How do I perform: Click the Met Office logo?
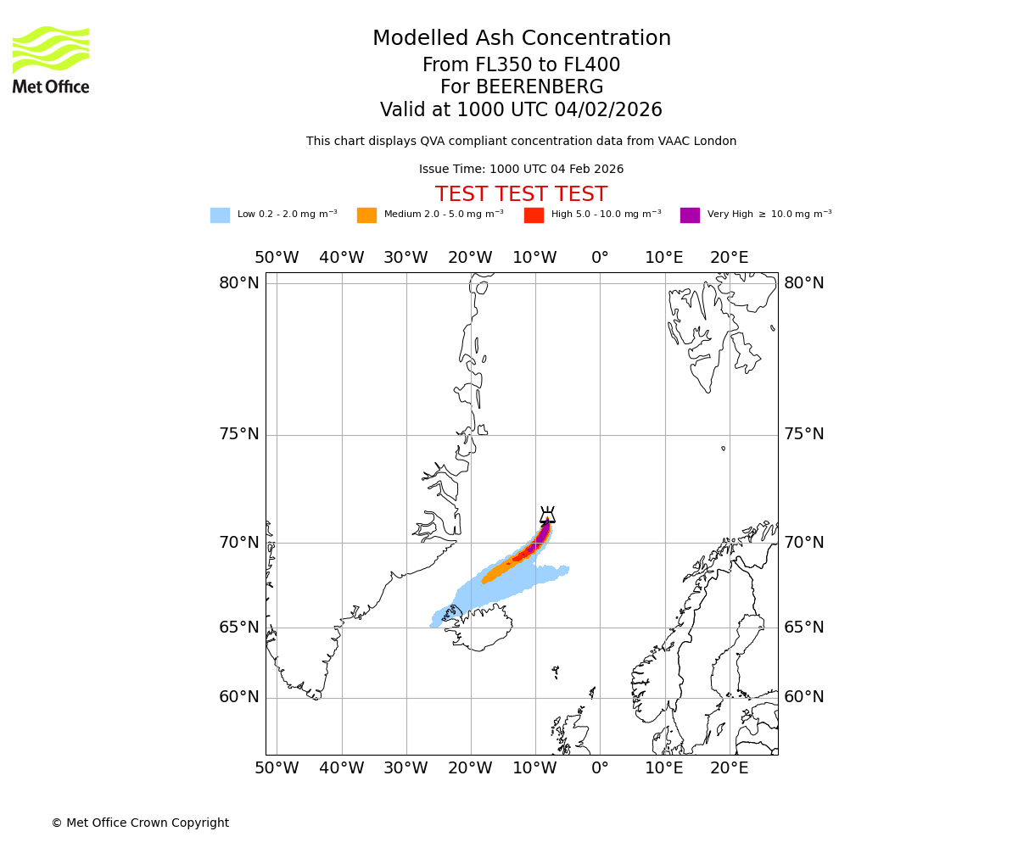(51, 59)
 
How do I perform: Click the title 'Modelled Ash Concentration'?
(521, 39)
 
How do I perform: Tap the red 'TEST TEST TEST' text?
(521, 195)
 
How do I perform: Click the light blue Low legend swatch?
(220, 215)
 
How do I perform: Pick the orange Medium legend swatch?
(366, 215)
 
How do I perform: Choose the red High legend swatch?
(534, 215)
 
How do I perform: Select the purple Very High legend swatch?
(690, 215)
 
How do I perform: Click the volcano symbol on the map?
(547, 515)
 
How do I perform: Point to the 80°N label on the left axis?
(239, 283)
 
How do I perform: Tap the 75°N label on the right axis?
(803, 434)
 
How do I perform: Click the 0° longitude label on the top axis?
(600, 258)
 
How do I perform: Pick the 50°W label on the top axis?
(277, 258)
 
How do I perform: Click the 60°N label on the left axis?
(239, 697)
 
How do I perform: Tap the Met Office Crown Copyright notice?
(140, 823)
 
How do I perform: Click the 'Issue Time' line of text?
(521, 170)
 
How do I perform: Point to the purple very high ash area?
(542, 535)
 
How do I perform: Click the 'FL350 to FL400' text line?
(521, 65)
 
